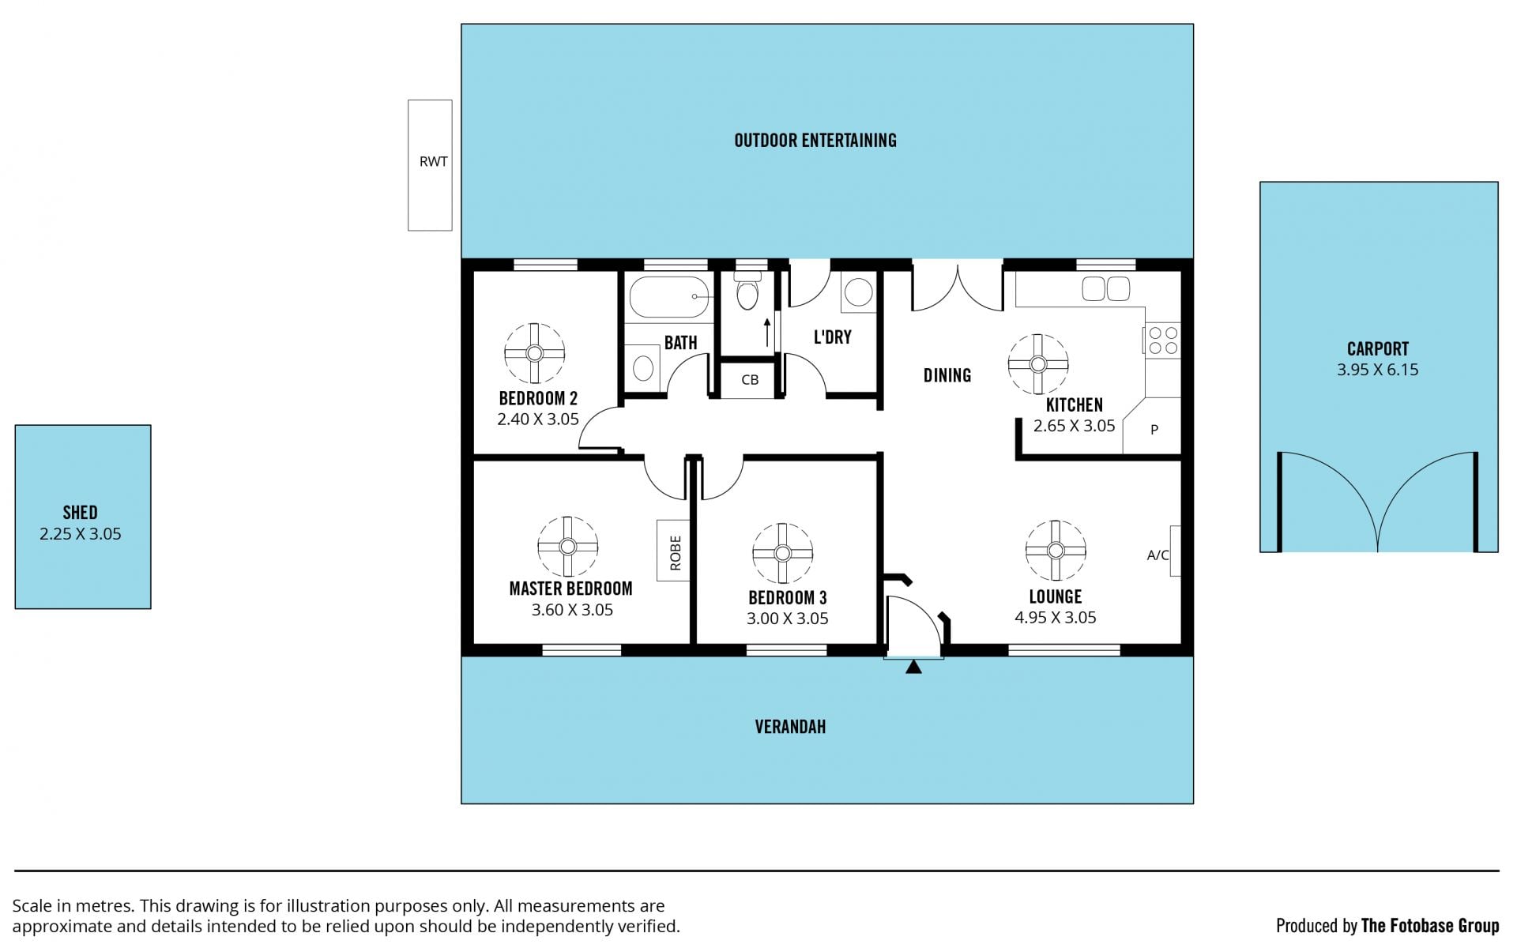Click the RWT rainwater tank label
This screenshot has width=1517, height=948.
[433, 162]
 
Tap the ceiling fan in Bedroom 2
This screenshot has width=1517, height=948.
[535, 353]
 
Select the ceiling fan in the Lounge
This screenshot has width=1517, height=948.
[1056, 550]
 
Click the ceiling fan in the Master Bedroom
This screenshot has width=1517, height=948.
[567, 547]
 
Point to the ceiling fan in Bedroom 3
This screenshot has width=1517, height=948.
[782, 553]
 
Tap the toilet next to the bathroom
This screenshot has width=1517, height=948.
[747, 290]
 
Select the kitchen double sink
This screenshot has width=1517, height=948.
[1106, 289]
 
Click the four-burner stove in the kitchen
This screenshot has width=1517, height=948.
[1163, 340]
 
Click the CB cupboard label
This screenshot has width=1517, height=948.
[750, 380]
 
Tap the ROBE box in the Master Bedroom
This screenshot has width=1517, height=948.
[673, 551]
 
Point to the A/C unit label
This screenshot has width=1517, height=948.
[1158, 555]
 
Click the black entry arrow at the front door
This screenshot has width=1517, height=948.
[913, 667]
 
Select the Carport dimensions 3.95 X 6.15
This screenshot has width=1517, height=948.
[1377, 370]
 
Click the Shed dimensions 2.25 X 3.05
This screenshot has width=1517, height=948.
[81, 534]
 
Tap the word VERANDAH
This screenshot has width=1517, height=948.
[790, 727]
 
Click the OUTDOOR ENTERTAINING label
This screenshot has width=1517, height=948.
[815, 141]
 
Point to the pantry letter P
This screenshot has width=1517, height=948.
[1154, 430]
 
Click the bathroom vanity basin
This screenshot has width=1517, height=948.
[644, 367]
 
